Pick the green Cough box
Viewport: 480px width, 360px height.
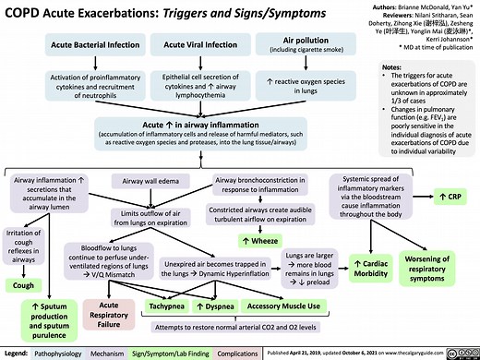(24, 285)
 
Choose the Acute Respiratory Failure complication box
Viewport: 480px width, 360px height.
(108, 313)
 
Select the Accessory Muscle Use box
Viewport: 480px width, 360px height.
(278, 306)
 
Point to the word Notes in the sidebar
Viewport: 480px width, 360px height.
(390, 67)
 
